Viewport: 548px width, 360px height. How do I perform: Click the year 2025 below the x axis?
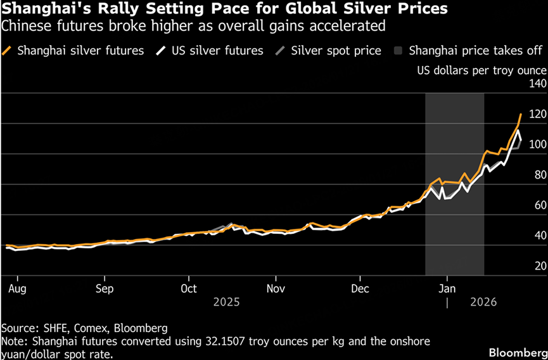click(227, 303)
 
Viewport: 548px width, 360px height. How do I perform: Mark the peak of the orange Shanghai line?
click(521, 114)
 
